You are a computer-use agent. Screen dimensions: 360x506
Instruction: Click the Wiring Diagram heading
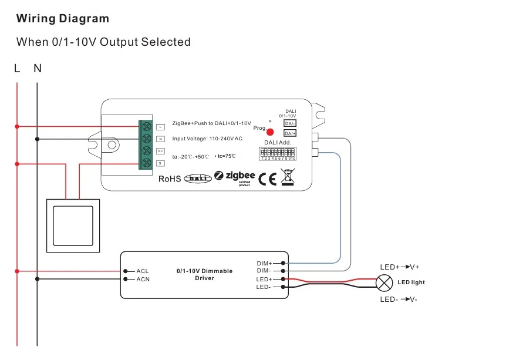click(63, 18)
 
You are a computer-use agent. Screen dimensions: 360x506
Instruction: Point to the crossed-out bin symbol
click(287, 177)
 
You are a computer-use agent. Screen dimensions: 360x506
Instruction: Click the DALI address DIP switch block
click(278, 154)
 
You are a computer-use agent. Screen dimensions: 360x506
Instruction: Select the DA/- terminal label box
click(290, 123)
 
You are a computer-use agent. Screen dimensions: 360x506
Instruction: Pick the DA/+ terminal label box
click(290, 133)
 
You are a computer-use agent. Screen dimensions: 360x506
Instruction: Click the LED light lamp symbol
click(384, 283)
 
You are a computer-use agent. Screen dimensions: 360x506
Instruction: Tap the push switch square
click(73, 226)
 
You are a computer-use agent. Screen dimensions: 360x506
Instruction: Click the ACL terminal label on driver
click(143, 271)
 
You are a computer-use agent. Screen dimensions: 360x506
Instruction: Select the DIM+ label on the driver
click(265, 263)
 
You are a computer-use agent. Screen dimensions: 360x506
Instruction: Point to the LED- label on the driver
click(264, 287)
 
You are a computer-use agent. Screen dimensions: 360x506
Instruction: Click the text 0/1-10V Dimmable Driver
click(204, 274)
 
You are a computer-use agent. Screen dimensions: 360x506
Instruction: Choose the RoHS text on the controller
click(170, 179)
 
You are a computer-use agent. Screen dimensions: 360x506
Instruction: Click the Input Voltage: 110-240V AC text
click(207, 139)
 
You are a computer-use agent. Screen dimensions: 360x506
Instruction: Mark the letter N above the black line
click(38, 69)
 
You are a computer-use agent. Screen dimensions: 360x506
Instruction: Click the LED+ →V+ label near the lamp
click(400, 267)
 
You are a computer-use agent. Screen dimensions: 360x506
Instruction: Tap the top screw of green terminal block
click(146, 126)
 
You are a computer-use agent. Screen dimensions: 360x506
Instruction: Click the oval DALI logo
click(197, 179)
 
